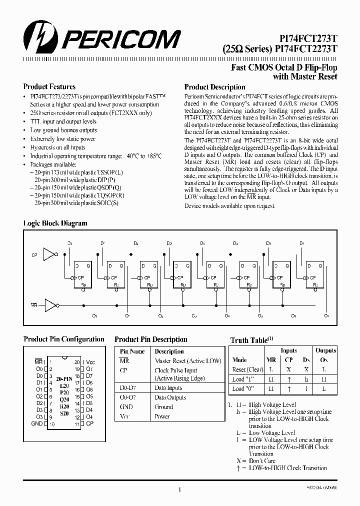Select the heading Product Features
(49, 86)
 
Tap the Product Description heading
(214, 87)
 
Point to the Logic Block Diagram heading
(55, 223)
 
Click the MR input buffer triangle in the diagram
(50, 304)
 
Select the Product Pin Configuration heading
(64, 339)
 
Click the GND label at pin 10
(36, 424)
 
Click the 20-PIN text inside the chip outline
(64, 379)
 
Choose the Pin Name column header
(132, 351)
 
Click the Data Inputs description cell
(168, 387)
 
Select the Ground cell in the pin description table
(163, 406)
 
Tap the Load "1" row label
(242, 379)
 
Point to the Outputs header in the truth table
(326, 350)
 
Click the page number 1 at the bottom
(179, 490)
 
